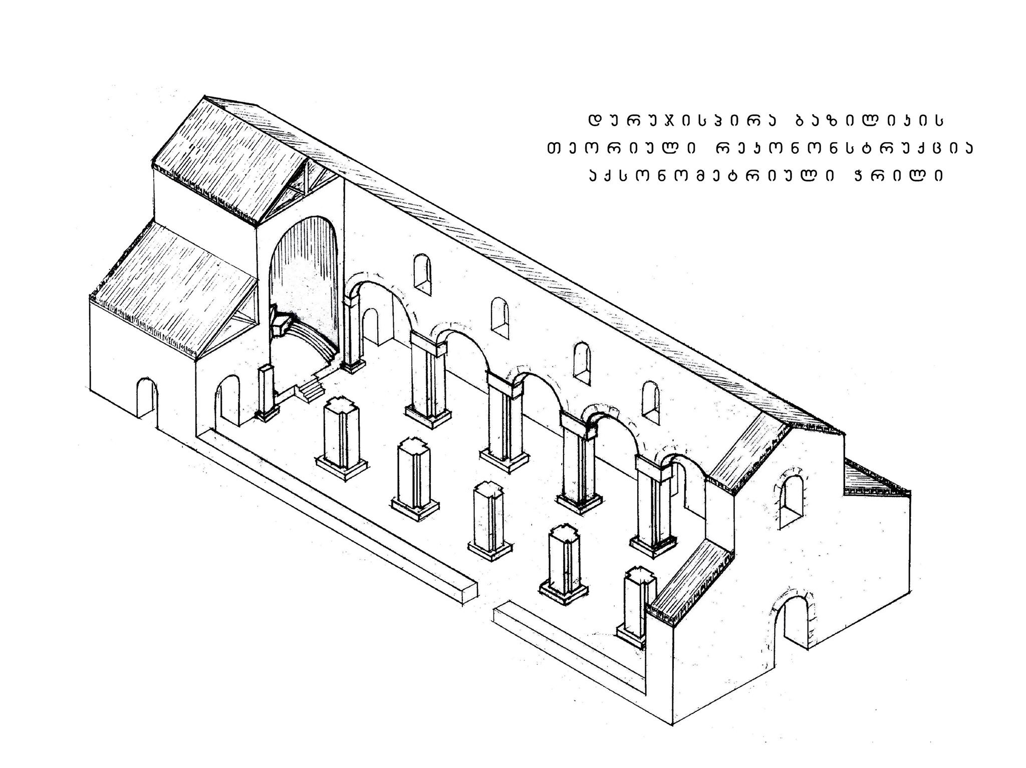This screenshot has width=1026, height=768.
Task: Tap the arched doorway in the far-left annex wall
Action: pyautogui.click(x=146, y=398)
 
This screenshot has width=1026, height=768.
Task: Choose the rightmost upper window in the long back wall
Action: pyautogui.click(x=650, y=402)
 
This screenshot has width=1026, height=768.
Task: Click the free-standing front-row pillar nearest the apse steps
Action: pyautogui.click(x=342, y=435)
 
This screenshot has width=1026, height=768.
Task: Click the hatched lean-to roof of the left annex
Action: pyautogui.click(x=173, y=290)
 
